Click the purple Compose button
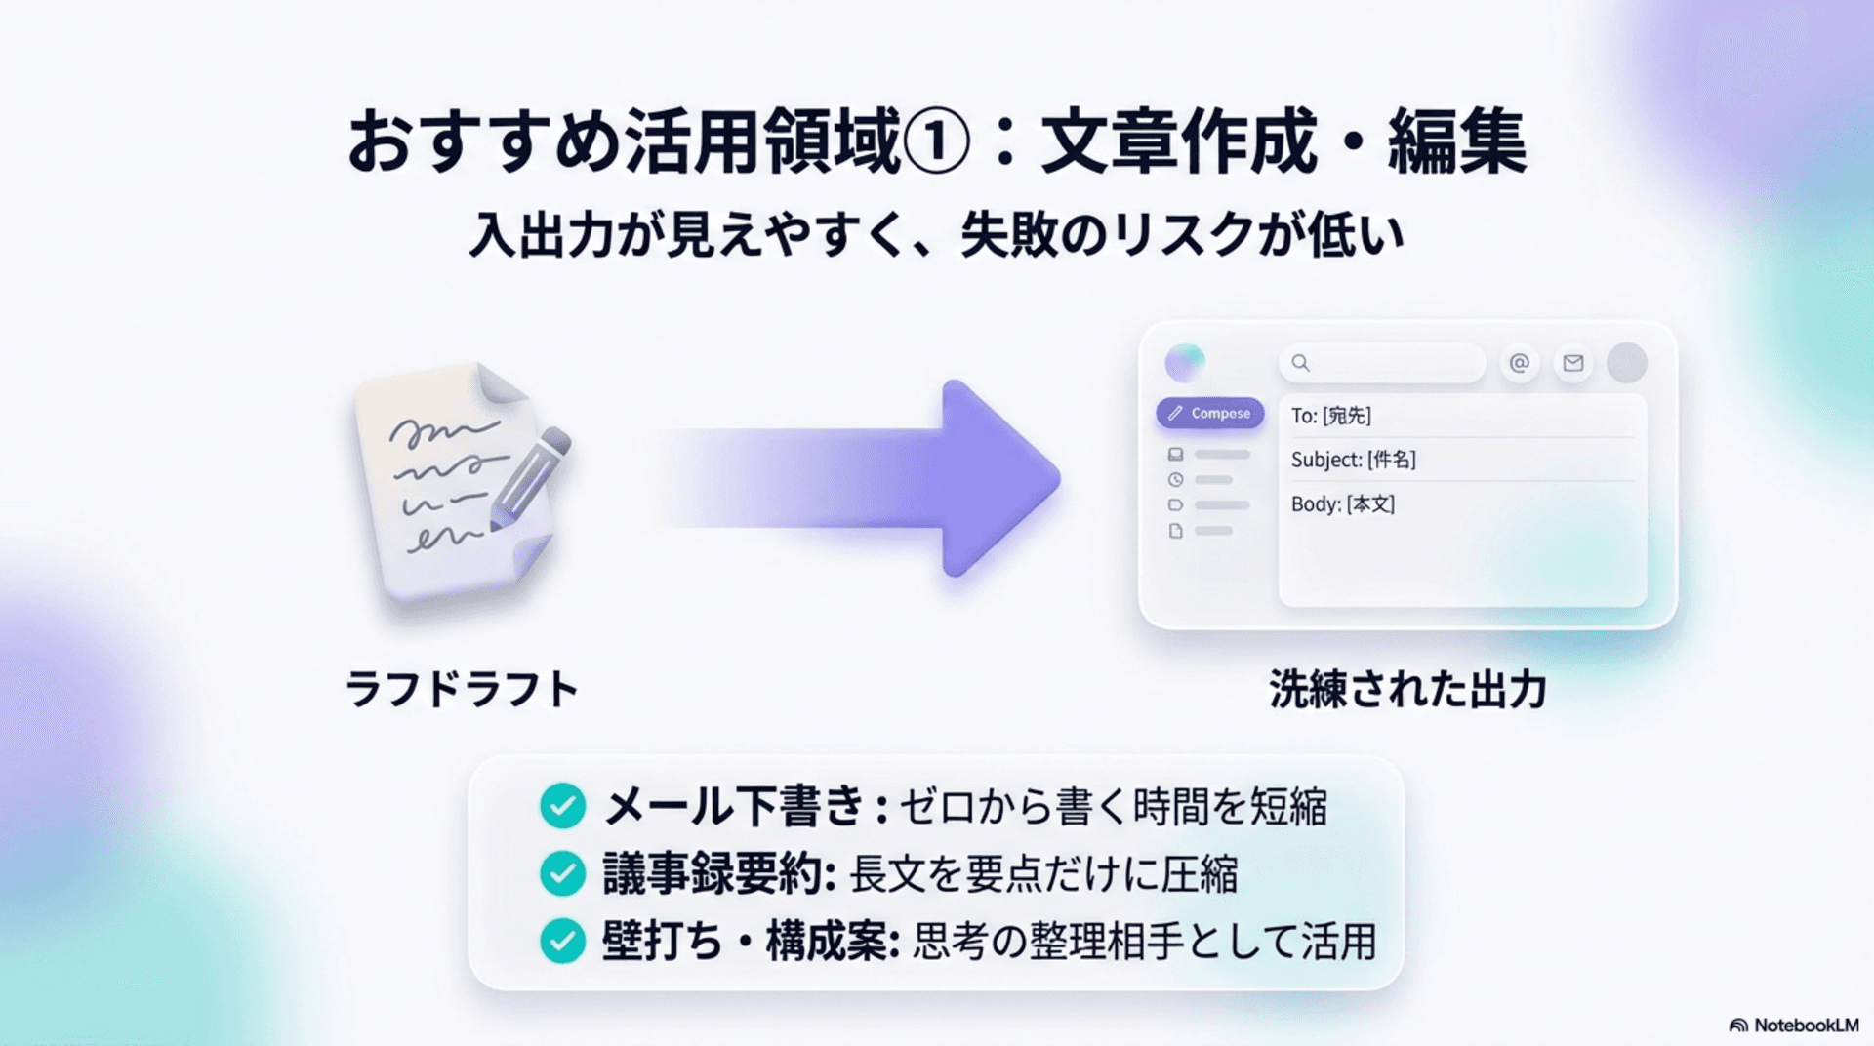(x=1210, y=413)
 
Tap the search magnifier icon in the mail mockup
(x=1300, y=363)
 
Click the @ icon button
(x=1519, y=363)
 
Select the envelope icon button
(x=1572, y=363)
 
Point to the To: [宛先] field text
(x=1330, y=416)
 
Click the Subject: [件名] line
(x=1353, y=460)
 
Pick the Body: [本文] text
(x=1342, y=504)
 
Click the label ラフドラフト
(x=463, y=689)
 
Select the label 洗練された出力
(x=1407, y=690)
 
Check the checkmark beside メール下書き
(x=562, y=806)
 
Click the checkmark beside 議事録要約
(x=562, y=873)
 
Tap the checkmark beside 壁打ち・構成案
(x=562, y=941)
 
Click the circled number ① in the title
(x=936, y=142)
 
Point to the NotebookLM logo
(x=1794, y=1026)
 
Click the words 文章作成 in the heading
(x=1178, y=142)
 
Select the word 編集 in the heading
(x=1457, y=142)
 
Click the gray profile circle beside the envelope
(x=1626, y=363)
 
